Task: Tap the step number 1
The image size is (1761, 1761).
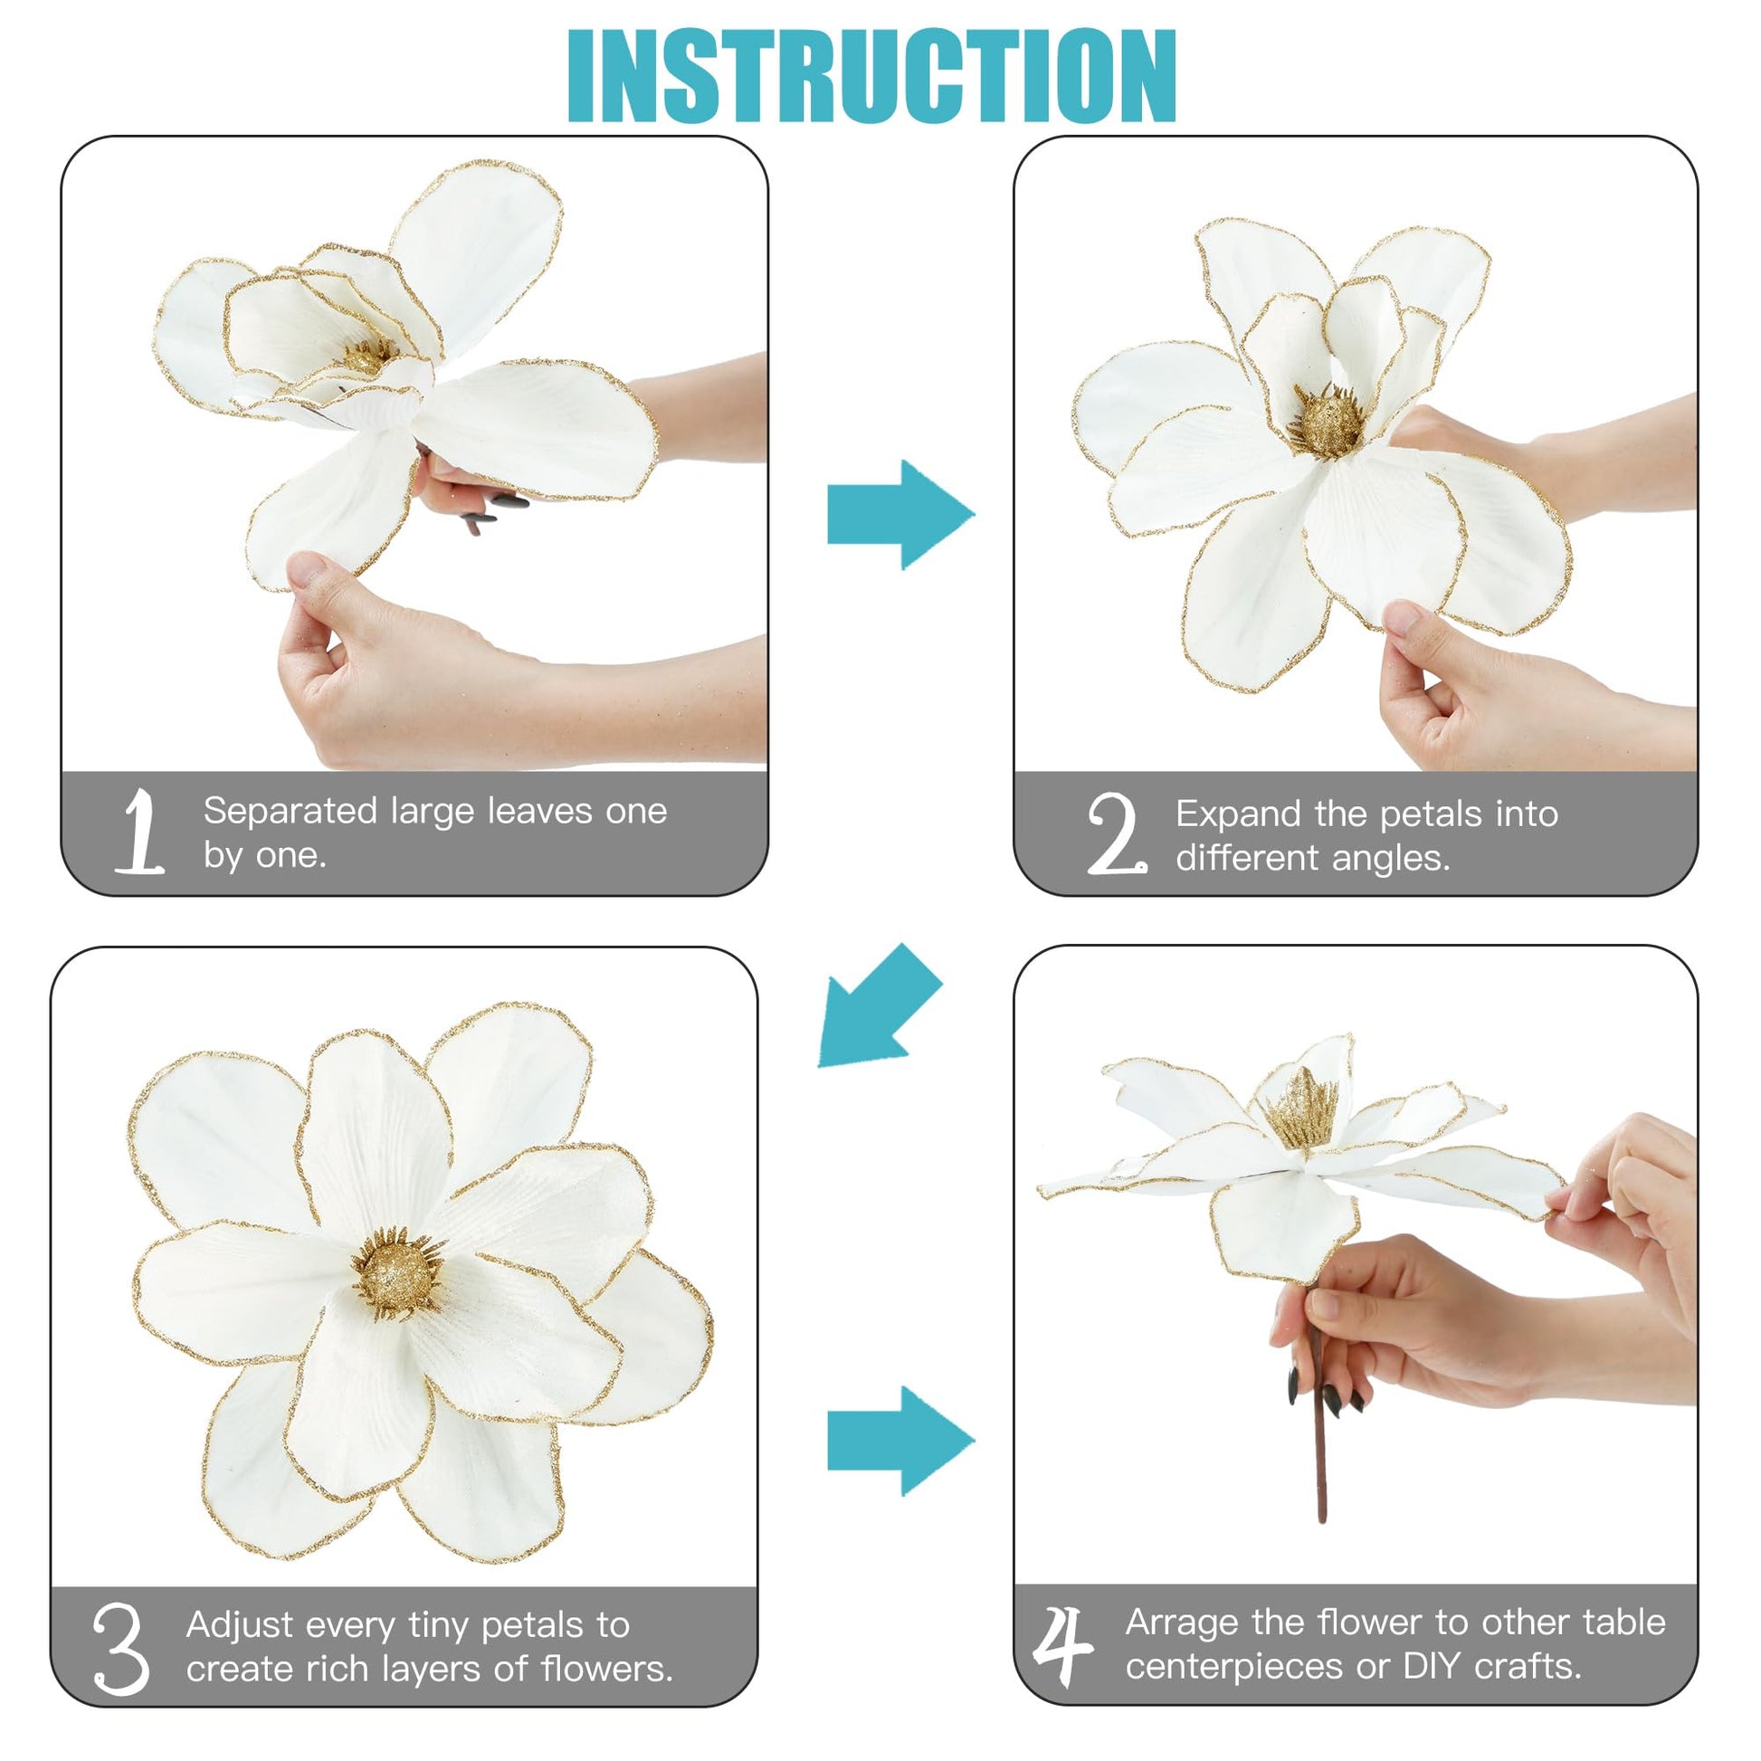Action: pos(140,832)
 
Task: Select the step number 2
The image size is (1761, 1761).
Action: pos(1117,833)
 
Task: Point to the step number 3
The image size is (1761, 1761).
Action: pos(120,1650)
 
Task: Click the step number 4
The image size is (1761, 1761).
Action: pos(1062,1646)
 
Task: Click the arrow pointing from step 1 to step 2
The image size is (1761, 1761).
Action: pos(900,515)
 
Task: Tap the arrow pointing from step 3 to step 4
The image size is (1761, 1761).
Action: pos(900,1441)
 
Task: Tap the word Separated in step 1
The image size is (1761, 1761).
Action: pos(290,811)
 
